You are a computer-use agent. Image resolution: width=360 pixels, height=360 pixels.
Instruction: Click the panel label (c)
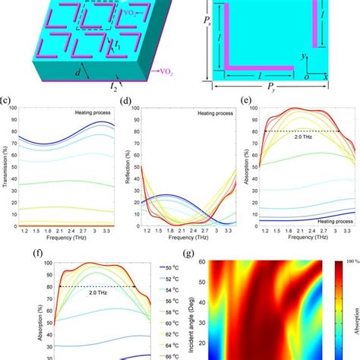(x=5, y=100)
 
